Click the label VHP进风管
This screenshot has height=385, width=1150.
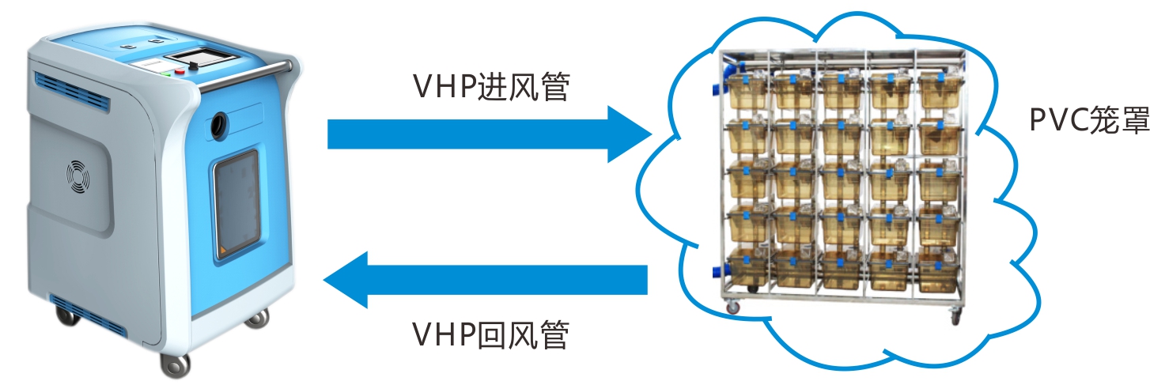point(490,86)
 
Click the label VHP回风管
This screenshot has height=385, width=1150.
point(490,336)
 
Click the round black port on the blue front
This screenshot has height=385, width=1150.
point(219,123)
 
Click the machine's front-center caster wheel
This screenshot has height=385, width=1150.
point(175,364)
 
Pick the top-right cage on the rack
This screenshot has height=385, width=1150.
point(940,92)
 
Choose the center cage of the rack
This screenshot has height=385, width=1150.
point(842,181)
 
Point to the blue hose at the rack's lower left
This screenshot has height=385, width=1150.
point(718,271)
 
